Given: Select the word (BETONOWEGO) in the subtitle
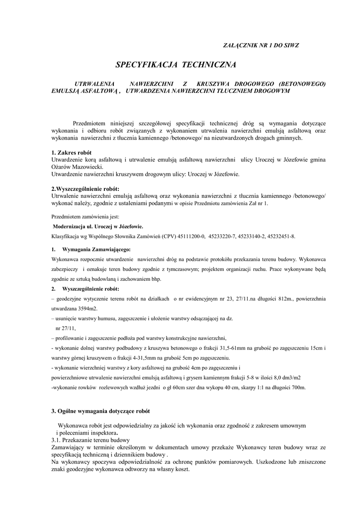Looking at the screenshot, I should coord(302,84).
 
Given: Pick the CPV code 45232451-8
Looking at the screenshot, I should coord(280,237).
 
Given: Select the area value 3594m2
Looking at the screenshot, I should coord(86,309).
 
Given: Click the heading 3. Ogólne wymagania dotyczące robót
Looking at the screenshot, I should coord(100,412).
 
